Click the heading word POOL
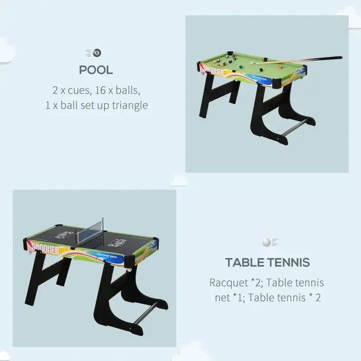click(96, 70)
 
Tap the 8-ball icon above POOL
click(96, 52)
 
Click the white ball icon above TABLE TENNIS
click(266, 242)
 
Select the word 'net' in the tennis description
click(223, 298)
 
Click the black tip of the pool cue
click(338, 57)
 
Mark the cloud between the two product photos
click(179, 180)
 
